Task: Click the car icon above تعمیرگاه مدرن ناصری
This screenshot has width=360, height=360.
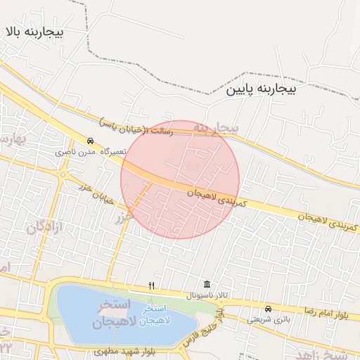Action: tap(90, 141)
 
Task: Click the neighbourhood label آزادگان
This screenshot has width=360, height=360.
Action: tap(46, 227)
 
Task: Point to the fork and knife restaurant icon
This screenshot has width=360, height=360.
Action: tap(151, 285)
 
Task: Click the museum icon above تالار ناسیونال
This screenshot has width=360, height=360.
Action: tap(206, 284)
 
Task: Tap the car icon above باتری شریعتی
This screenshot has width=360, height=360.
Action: tap(267, 309)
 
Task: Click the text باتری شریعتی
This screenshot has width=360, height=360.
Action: tap(268, 319)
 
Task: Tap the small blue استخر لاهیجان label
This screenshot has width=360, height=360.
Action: tap(153, 315)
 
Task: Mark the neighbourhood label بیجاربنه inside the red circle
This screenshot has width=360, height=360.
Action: tap(217, 127)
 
